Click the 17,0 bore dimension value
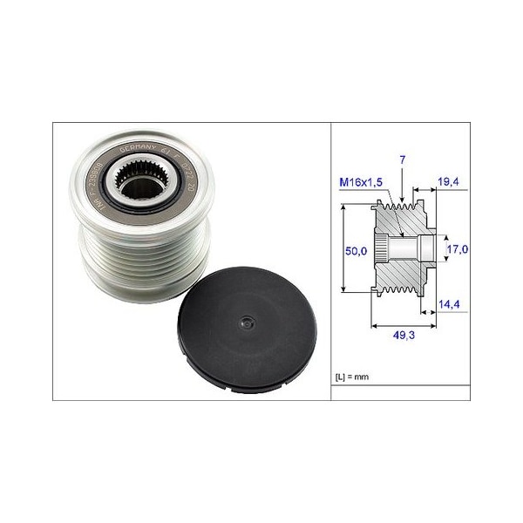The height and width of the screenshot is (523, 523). (x=458, y=249)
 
